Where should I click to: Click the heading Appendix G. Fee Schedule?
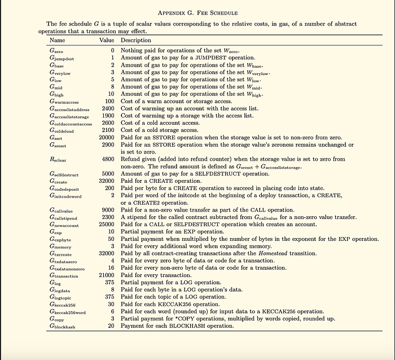pos(197,12)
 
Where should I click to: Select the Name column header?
pos(57,41)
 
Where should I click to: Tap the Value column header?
pos(107,41)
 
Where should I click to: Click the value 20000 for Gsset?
pos(107,138)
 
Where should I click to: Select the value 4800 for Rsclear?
pos(108,160)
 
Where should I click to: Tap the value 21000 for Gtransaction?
pos(107,275)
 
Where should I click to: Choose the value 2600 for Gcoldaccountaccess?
pos(108,123)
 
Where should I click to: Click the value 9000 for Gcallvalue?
pos(108,210)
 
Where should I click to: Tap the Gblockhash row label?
pos(62,326)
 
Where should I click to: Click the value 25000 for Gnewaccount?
pos(107,225)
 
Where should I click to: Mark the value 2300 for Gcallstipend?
pos(108,217)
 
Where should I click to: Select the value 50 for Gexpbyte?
pos(111,239)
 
